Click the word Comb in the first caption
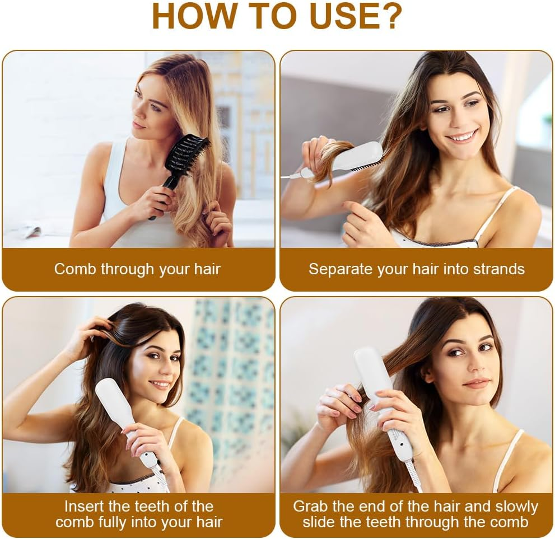76,269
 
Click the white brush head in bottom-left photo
114,400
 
